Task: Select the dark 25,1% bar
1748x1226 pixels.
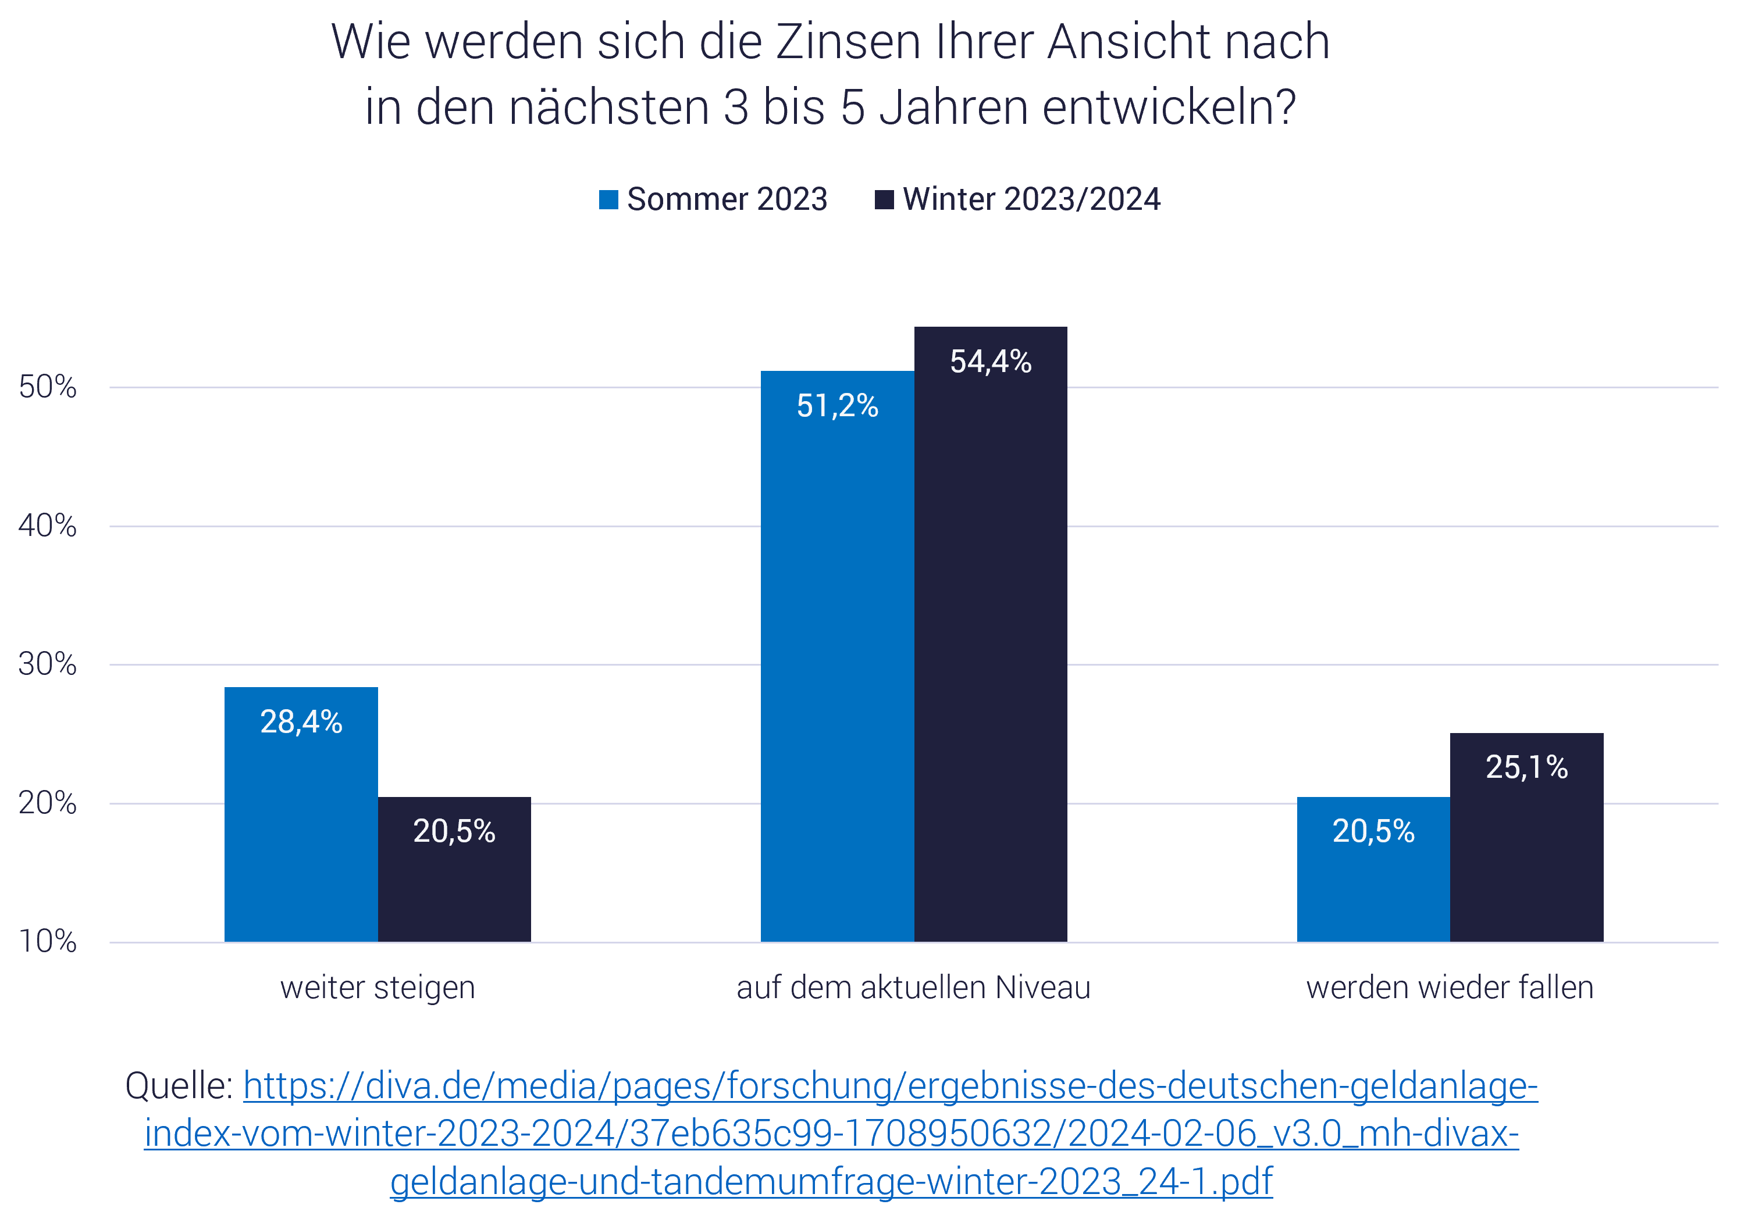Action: pyautogui.click(x=1526, y=852)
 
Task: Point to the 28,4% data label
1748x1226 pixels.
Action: pyautogui.click(x=301, y=721)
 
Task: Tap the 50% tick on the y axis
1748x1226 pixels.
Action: pyautogui.click(x=47, y=387)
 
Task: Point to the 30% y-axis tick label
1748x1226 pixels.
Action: pyautogui.click(x=47, y=664)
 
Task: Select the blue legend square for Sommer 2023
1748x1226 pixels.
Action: pyautogui.click(x=608, y=199)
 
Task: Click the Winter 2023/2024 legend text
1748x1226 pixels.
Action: pyautogui.click(x=1031, y=199)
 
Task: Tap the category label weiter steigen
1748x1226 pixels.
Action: pyautogui.click(x=378, y=988)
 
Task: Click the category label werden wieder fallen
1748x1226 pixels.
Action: pyautogui.click(x=1450, y=988)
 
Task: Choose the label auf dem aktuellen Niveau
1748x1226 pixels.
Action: pyautogui.click(x=914, y=988)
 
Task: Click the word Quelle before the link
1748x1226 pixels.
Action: pyautogui.click(x=178, y=1086)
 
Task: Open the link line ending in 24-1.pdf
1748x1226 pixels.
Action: pyautogui.click(x=831, y=1182)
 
